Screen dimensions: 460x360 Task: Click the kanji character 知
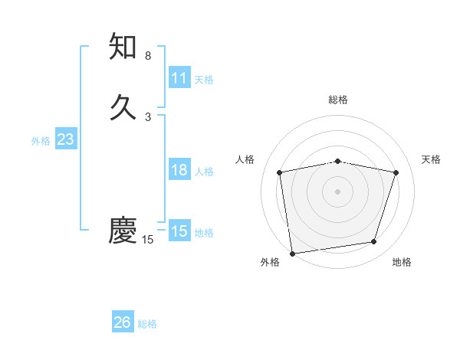pyautogui.click(x=123, y=47)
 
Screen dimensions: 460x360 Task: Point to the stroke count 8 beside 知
pyautogui.click(x=148, y=56)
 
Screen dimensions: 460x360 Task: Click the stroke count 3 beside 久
pyautogui.click(x=148, y=117)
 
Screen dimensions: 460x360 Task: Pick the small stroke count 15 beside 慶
pyautogui.click(x=148, y=240)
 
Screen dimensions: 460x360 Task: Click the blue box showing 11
pyautogui.click(x=179, y=78)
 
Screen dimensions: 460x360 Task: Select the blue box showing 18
pyautogui.click(x=179, y=170)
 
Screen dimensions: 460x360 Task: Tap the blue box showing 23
pyautogui.click(x=66, y=139)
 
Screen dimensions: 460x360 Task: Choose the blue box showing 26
pyautogui.click(x=123, y=322)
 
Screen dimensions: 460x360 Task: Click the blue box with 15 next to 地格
pyautogui.click(x=179, y=231)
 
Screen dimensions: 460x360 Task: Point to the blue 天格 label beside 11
pyautogui.click(x=204, y=80)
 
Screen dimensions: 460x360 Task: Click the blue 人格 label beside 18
pyautogui.click(x=204, y=172)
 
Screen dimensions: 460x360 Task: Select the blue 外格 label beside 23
pyautogui.click(x=41, y=141)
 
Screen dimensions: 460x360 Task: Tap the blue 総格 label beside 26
pyautogui.click(x=147, y=324)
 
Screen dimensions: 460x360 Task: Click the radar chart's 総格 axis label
pyautogui.click(x=338, y=100)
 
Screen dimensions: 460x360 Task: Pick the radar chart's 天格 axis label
pyautogui.click(x=432, y=159)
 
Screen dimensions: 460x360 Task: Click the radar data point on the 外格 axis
pyautogui.click(x=292, y=252)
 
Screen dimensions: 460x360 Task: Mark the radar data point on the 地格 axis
pyautogui.click(x=374, y=242)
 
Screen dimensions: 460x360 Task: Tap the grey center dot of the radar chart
pyautogui.click(x=338, y=191)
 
